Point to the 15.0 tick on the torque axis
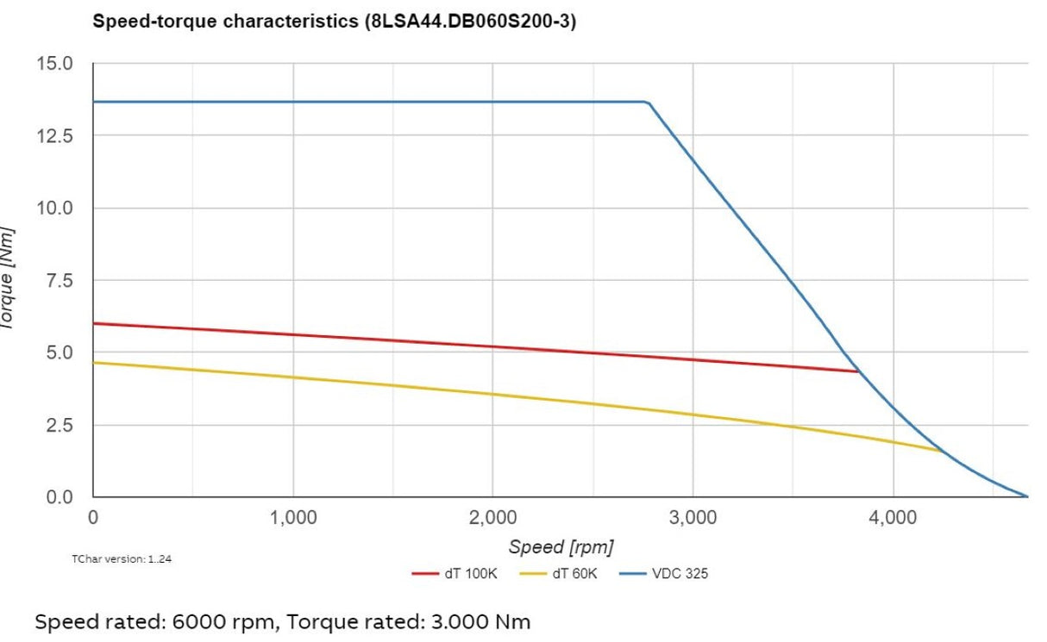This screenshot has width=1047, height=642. click(x=56, y=64)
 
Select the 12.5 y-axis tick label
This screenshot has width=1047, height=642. click(x=56, y=136)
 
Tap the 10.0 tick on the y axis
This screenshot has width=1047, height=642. click(x=56, y=209)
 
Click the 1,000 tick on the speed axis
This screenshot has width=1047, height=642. click(x=293, y=519)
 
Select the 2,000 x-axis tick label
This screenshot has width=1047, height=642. click(x=492, y=519)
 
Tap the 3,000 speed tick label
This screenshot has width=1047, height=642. click(x=693, y=519)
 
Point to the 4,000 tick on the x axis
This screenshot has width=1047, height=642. click(x=893, y=519)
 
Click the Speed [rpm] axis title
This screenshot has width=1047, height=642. click(x=561, y=547)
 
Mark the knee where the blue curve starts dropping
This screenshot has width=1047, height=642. click(x=648, y=103)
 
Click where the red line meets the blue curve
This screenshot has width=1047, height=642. click(x=858, y=371)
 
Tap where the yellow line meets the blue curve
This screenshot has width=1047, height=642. click(x=942, y=451)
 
